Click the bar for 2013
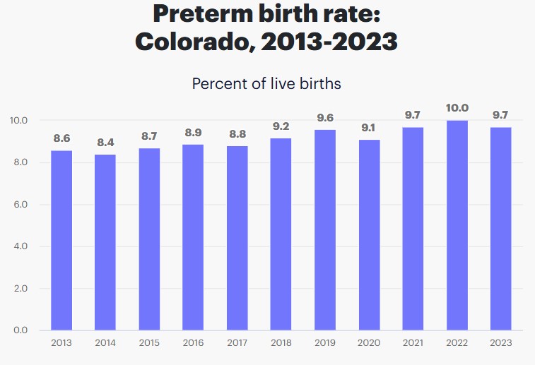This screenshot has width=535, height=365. click(61, 240)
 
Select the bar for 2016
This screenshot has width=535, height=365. click(193, 237)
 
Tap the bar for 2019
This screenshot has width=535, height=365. click(325, 229)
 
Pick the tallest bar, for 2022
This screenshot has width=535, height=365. click(457, 225)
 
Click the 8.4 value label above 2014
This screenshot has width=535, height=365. click(105, 143)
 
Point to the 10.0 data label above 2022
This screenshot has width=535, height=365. click(457, 108)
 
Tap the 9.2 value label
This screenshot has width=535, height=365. click(281, 126)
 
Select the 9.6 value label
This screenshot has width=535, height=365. click(325, 118)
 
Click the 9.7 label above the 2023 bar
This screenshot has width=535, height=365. click(501, 115)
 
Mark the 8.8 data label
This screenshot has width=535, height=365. click(237, 134)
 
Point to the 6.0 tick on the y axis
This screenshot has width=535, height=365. click(20, 205)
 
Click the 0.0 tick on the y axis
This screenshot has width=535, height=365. click(20, 330)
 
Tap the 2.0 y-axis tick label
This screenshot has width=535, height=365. click(20, 289)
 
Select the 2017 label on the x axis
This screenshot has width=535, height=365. click(237, 342)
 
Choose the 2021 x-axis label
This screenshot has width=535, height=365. click(413, 342)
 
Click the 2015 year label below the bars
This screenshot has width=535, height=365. click(149, 342)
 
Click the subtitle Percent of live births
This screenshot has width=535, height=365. click(266, 83)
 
